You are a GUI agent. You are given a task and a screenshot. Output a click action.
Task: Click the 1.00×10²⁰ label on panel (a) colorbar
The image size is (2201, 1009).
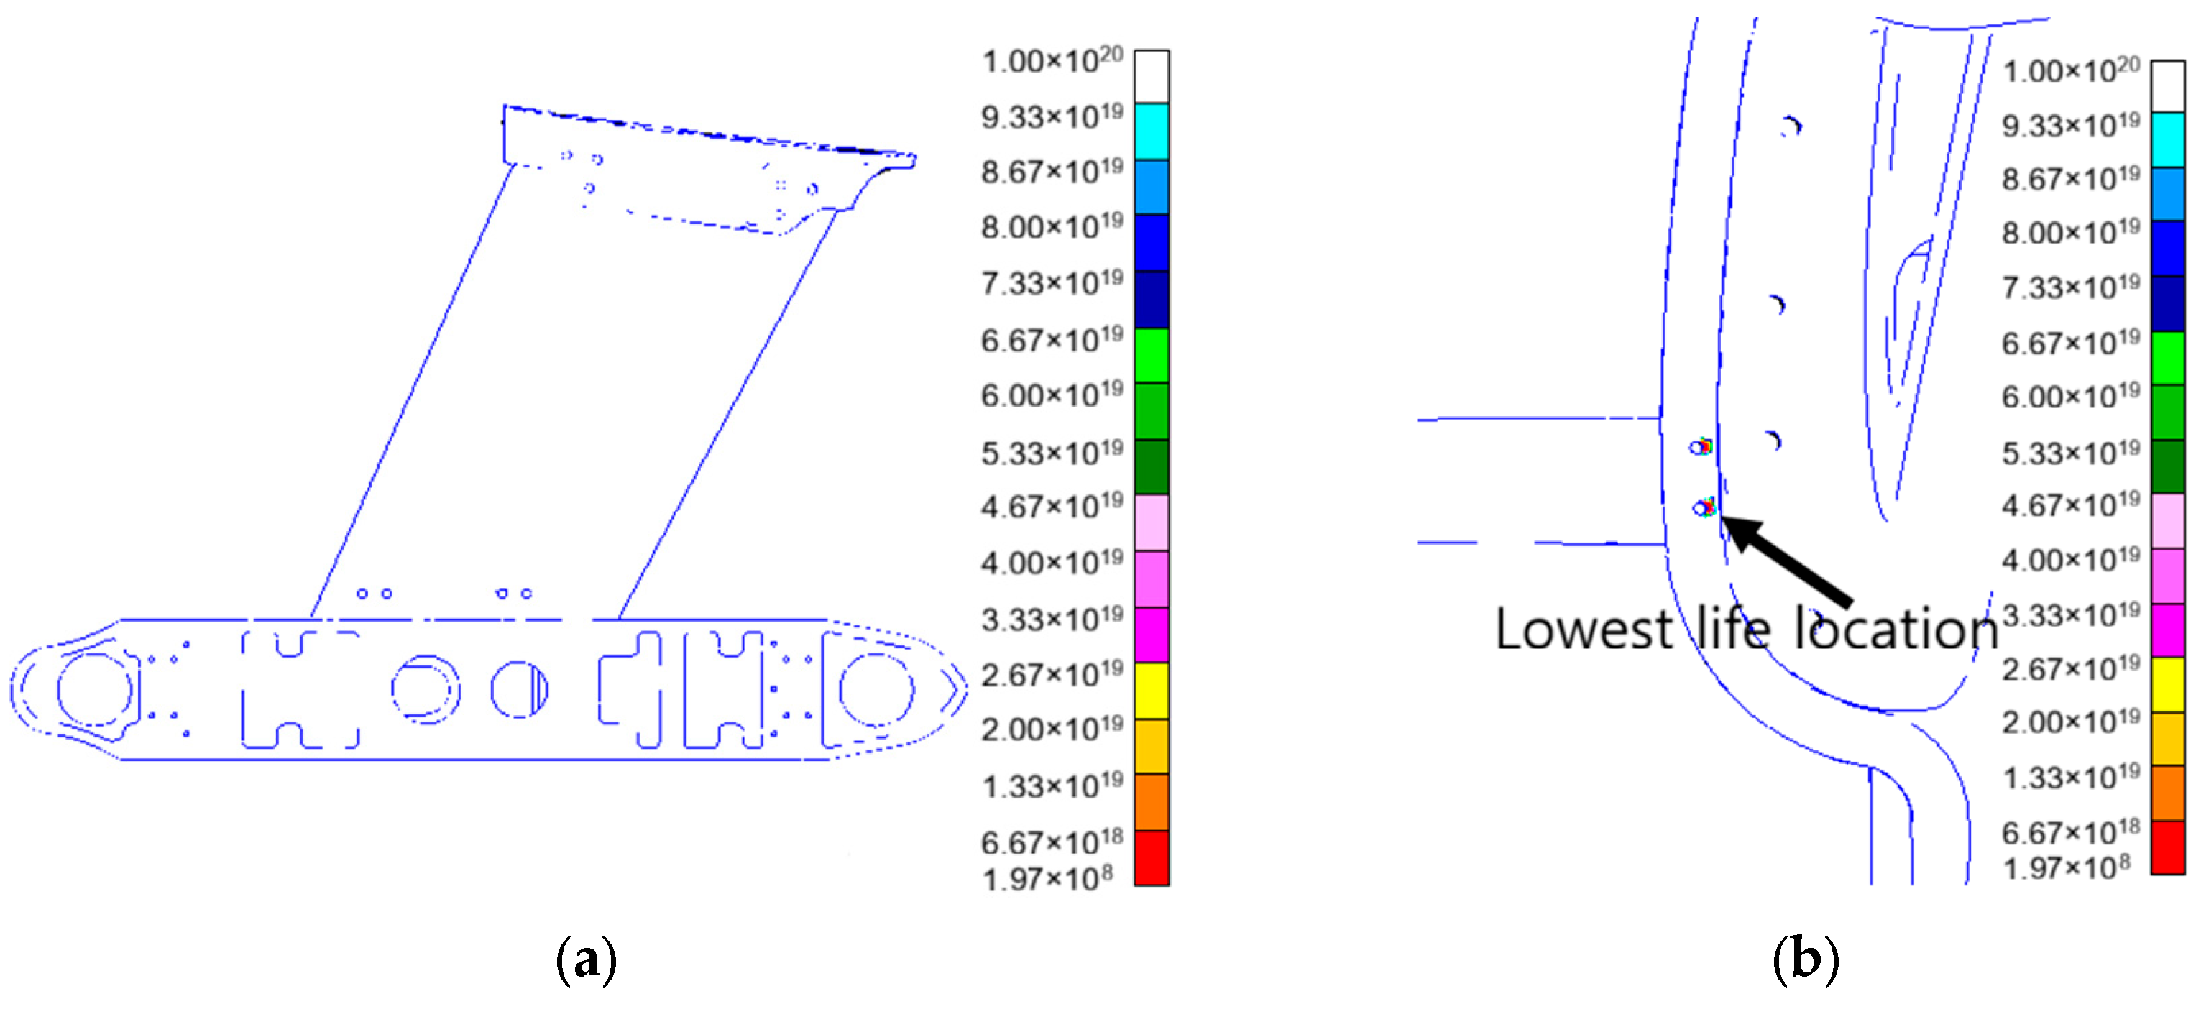click(x=1052, y=60)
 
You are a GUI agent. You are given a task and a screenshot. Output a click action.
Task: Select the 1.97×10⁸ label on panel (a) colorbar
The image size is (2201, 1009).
click(x=1047, y=877)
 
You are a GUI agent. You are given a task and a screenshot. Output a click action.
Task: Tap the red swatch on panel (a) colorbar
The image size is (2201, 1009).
click(x=1151, y=858)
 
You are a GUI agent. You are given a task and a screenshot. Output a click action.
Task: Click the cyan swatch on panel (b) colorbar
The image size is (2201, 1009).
click(x=2168, y=140)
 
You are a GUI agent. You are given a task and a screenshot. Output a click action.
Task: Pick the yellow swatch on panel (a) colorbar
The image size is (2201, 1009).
click(x=1151, y=691)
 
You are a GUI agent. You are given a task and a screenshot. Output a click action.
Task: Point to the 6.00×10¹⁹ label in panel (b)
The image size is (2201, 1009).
click(x=2071, y=397)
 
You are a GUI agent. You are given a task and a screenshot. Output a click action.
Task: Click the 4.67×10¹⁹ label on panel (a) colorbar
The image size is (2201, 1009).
click(x=1052, y=507)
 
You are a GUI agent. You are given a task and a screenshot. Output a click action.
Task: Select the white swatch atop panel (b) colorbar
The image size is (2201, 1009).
click(x=2168, y=86)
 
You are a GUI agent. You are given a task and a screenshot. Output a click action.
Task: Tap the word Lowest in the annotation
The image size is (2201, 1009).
click(x=1584, y=630)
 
